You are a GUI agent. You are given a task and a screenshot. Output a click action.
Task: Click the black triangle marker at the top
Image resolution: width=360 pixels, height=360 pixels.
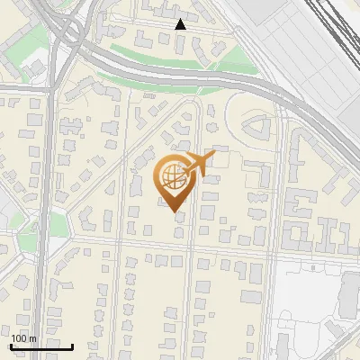(181, 24)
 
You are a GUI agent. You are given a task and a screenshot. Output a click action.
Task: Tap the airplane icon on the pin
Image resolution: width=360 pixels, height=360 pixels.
(199, 163)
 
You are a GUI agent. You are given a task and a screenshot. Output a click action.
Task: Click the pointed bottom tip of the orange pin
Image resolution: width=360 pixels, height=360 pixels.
(175, 213)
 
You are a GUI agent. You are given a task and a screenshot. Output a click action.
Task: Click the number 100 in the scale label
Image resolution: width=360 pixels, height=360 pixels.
(18, 337)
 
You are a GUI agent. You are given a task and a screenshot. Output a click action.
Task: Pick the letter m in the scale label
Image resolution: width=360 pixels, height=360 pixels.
(32, 337)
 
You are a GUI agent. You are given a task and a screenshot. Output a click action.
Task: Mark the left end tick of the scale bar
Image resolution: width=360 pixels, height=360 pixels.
(11, 345)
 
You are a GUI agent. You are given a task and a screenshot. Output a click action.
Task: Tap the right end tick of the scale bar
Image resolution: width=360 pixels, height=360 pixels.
(73, 345)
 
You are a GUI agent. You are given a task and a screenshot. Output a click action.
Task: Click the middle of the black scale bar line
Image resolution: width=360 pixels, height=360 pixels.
(41, 346)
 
